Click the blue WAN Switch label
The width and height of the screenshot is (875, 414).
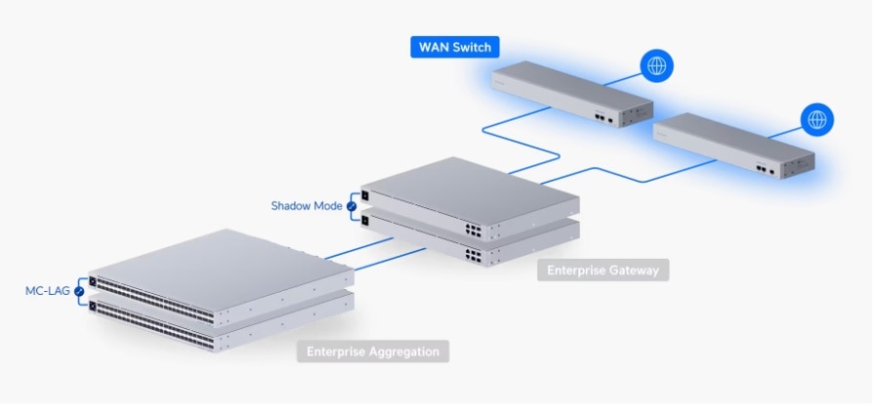pos(455,47)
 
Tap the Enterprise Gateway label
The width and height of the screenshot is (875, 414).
pos(603,269)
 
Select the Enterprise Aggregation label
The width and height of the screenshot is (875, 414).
pos(373,351)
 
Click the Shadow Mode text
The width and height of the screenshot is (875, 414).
pos(306,206)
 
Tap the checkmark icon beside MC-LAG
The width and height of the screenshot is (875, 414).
pos(79,291)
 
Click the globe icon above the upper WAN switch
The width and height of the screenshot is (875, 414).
pos(656,66)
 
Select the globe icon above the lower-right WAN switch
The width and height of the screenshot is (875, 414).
pos(816,120)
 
